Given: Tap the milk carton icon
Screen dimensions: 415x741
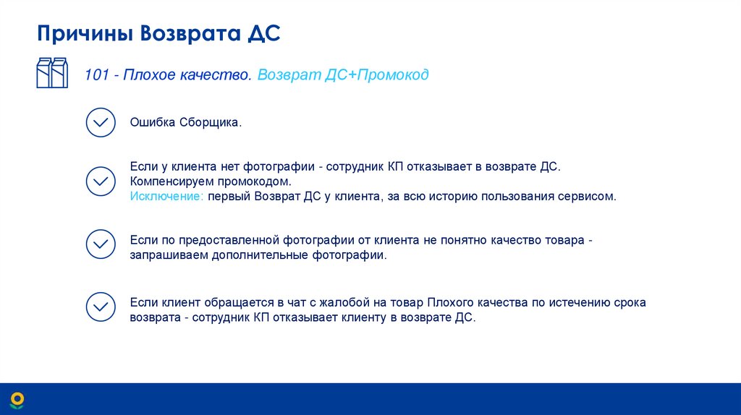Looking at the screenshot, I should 52,73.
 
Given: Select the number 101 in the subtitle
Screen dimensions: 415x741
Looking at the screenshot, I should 96,74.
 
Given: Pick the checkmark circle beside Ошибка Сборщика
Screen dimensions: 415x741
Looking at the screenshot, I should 101,122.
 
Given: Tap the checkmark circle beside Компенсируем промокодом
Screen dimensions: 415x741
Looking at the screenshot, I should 101,181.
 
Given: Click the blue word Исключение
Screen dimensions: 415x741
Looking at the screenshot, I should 166,196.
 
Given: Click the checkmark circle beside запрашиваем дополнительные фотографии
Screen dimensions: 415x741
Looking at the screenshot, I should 101,244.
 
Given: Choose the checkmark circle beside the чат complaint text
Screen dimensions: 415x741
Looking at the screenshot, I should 101,307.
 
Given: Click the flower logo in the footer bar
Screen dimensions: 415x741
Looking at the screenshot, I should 17,398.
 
